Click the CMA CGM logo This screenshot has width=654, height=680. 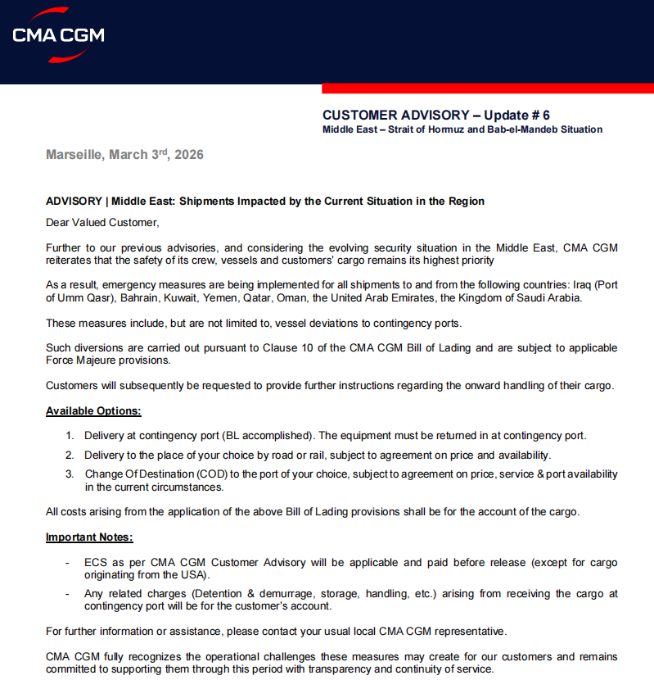(58, 34)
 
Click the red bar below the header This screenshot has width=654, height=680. (487, 88)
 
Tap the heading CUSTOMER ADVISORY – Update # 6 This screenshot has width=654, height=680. (435, 115)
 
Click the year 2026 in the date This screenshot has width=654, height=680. (189, 155)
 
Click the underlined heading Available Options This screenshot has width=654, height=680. (93, 410)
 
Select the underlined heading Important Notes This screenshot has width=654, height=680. (89, 537)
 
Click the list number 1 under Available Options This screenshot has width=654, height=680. (70, 436)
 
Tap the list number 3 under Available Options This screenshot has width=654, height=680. (70, 474)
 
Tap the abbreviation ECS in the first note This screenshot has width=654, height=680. (95, 563)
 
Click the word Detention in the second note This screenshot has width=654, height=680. (211, 593)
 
